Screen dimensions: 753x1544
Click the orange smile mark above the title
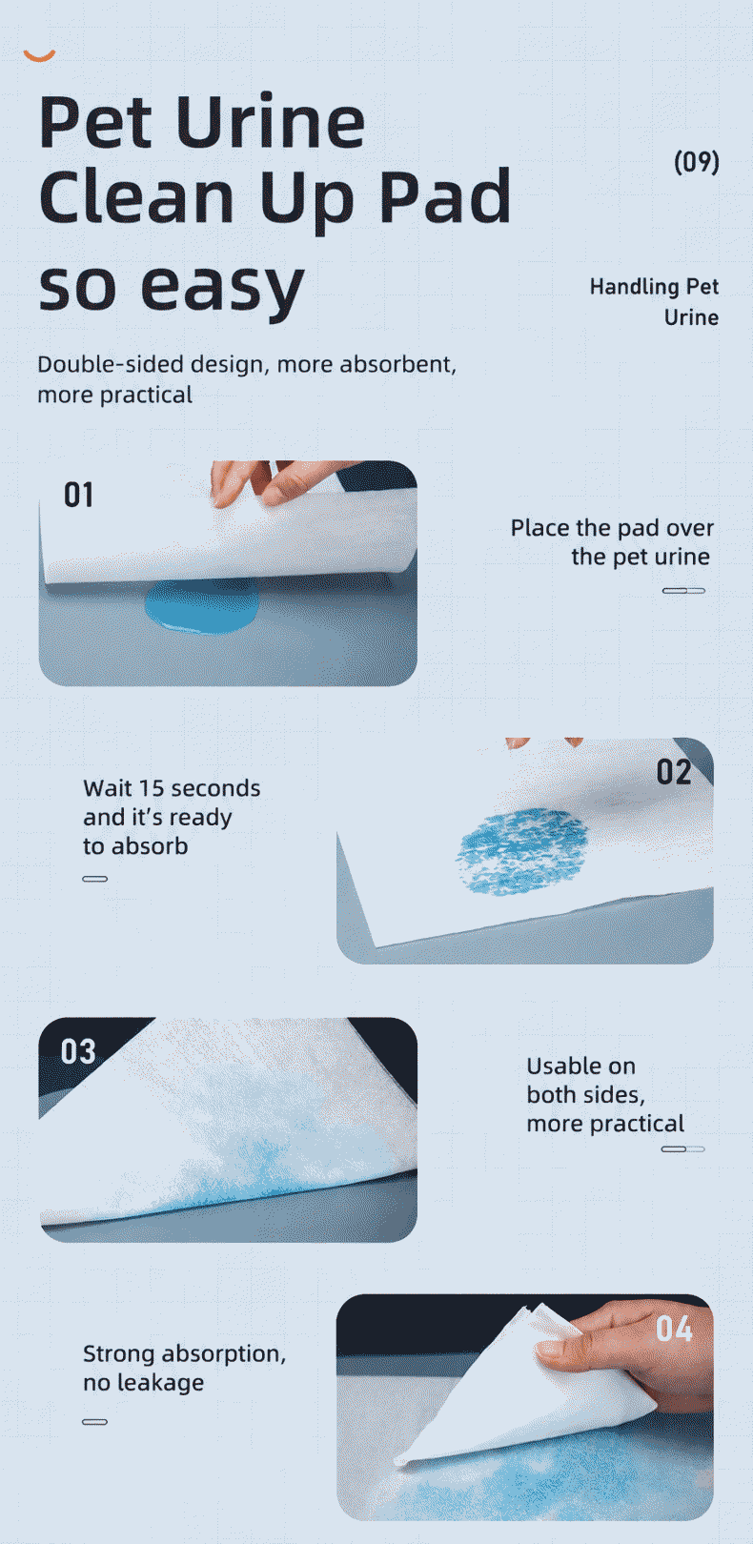coord(39,56)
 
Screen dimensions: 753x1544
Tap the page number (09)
coord(697,161)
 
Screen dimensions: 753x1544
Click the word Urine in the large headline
coord(270,122)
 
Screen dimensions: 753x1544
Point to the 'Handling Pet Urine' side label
coord(654,302)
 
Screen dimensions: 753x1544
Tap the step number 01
coord(78,495)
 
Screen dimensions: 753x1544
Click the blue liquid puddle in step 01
coord(202,606)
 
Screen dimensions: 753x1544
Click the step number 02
coord(673,772)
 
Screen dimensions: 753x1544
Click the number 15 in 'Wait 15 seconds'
coord(151,788)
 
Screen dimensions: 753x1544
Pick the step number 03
coord(78,1052)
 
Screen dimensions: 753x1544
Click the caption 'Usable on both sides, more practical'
coord(605,1094)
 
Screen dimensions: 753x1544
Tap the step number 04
coord(674,1329)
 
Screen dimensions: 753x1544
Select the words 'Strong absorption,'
coord(184,1353)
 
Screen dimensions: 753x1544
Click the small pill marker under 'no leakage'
coord(94,1422)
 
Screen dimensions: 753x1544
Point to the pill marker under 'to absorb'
coord(94,879)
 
